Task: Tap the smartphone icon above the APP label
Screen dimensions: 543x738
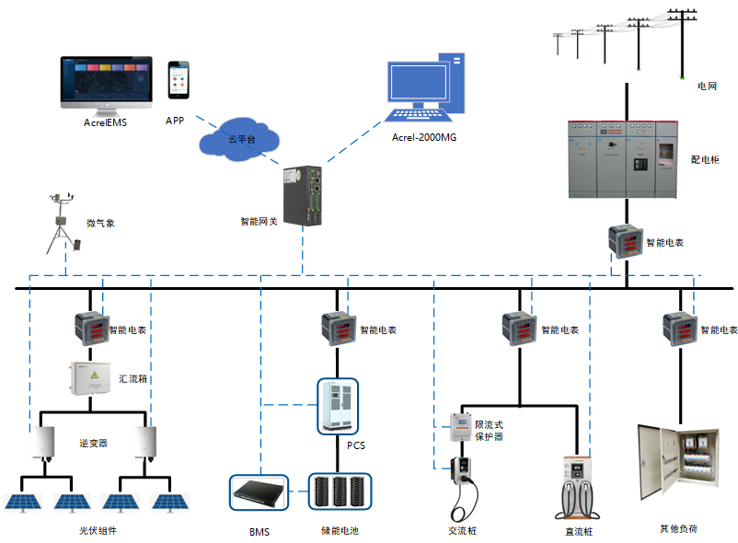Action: coord(179,81)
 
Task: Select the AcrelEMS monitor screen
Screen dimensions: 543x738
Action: coord(102,82)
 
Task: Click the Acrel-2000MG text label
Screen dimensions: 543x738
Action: coord(424,137)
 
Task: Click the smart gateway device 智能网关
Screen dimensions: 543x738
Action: coord(305,196)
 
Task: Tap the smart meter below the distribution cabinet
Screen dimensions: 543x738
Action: coord(625,242)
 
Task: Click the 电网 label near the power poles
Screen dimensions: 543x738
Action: coord(707,86)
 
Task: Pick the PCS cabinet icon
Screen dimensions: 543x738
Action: coord(337,405)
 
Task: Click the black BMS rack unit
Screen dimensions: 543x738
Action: coord(259,492)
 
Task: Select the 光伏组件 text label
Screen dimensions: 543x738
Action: coord(98,531)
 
